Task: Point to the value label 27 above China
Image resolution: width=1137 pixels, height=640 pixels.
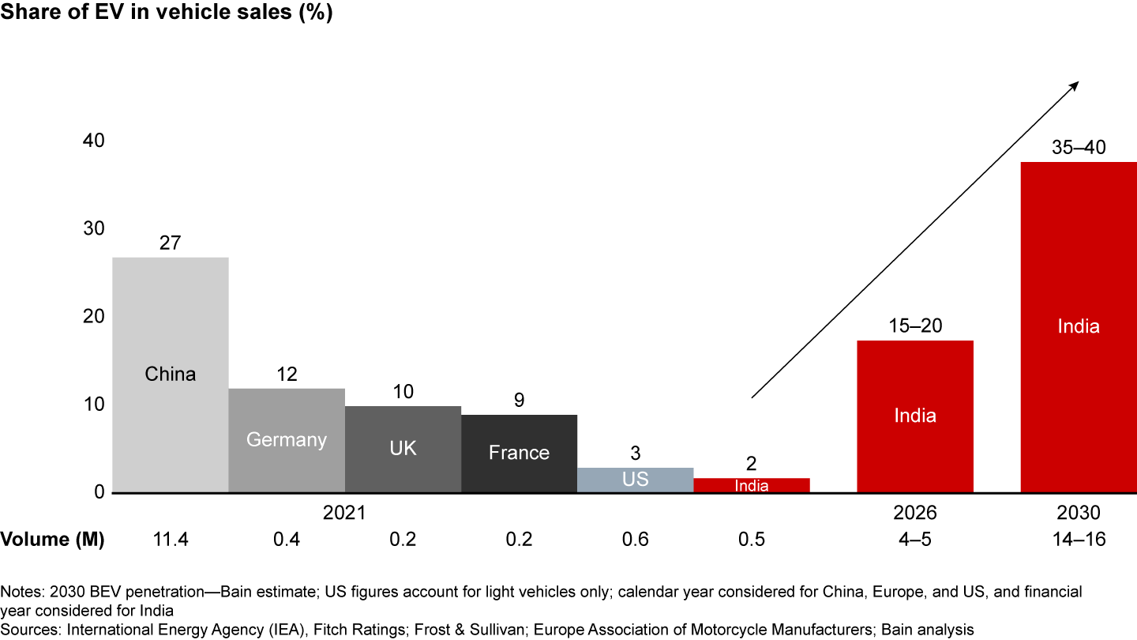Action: [x=170, y=243]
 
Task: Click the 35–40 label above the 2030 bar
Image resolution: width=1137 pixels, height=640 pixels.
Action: [x=1078, y=147]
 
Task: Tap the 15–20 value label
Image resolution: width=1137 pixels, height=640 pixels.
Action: [x=915, y=326]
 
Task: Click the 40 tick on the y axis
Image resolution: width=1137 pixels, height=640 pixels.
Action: [x=93, y=141]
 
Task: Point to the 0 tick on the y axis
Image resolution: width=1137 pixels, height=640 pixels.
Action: [x=99, y=492]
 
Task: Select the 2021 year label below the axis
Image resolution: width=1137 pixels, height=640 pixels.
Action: [x=344, y=513]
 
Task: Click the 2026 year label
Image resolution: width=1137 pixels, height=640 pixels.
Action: [x=915, y=513]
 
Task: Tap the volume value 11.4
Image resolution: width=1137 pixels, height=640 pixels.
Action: [x=170, y=540]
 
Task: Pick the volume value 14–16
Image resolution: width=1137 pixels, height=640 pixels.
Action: [x=1078, y=540]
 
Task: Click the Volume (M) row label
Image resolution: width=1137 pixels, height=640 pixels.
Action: [x=52, y=540]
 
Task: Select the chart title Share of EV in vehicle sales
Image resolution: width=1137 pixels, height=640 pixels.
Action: [x=167, y=13]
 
